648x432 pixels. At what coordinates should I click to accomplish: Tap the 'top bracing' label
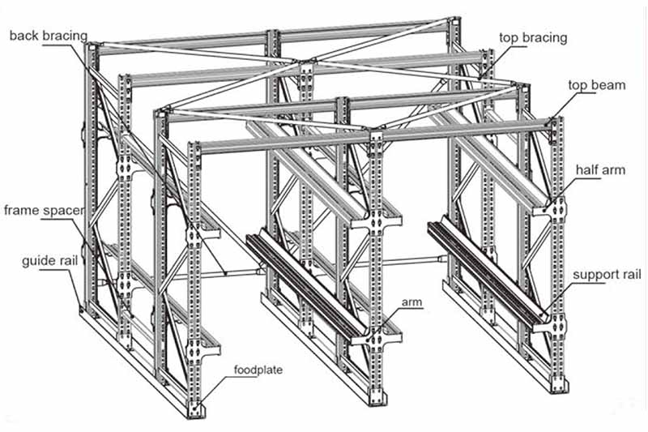[532, 38]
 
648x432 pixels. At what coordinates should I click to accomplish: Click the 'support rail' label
[607, 275]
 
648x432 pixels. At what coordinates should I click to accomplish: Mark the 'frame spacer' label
[44, 212]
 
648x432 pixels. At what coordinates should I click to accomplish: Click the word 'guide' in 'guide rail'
[38, 261]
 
